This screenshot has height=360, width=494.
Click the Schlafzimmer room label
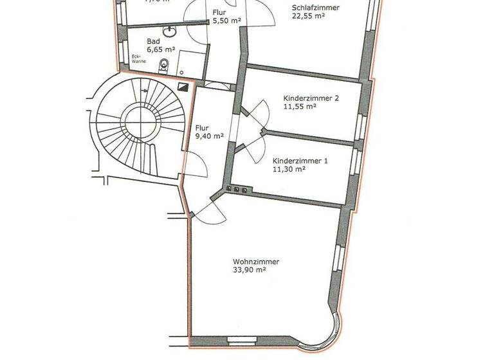(315, 7)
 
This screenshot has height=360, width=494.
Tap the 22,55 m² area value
(309, 17)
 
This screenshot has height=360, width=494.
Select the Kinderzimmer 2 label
(311, 98)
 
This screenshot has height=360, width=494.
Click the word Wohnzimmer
(256, 262)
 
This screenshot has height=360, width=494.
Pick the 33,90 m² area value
(250, 271)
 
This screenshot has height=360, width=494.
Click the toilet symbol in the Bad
(164, 64)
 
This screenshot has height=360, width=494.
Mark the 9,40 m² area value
(209, 136)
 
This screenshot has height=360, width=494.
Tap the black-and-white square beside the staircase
(185, 87)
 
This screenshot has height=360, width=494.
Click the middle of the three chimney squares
(237, 189)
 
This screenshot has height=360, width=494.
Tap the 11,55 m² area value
(300, 107)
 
